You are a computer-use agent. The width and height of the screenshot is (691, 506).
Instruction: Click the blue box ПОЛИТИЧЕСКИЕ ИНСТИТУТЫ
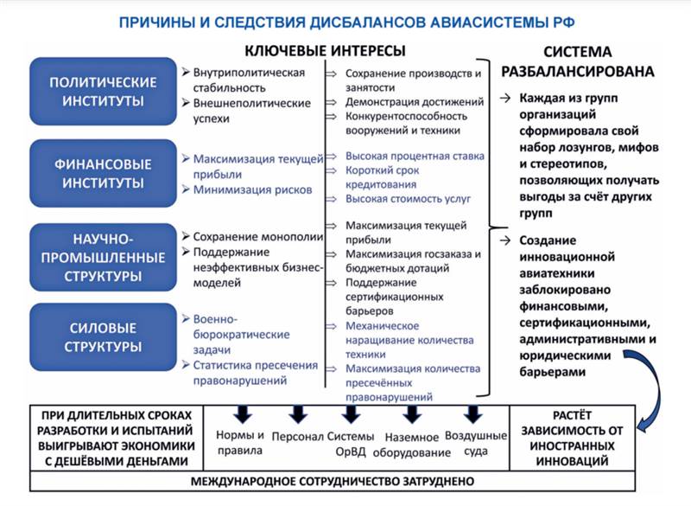click(104, 92)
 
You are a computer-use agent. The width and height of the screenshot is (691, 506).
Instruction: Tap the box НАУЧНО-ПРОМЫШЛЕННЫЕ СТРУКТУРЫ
click(104, 256)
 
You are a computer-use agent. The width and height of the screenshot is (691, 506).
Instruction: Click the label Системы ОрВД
click(351, 444)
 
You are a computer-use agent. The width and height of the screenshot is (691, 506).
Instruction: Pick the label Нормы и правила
click(238, 443)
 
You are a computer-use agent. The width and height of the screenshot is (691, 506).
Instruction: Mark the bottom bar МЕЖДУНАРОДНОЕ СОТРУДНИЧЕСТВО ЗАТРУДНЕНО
click(333, 481)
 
